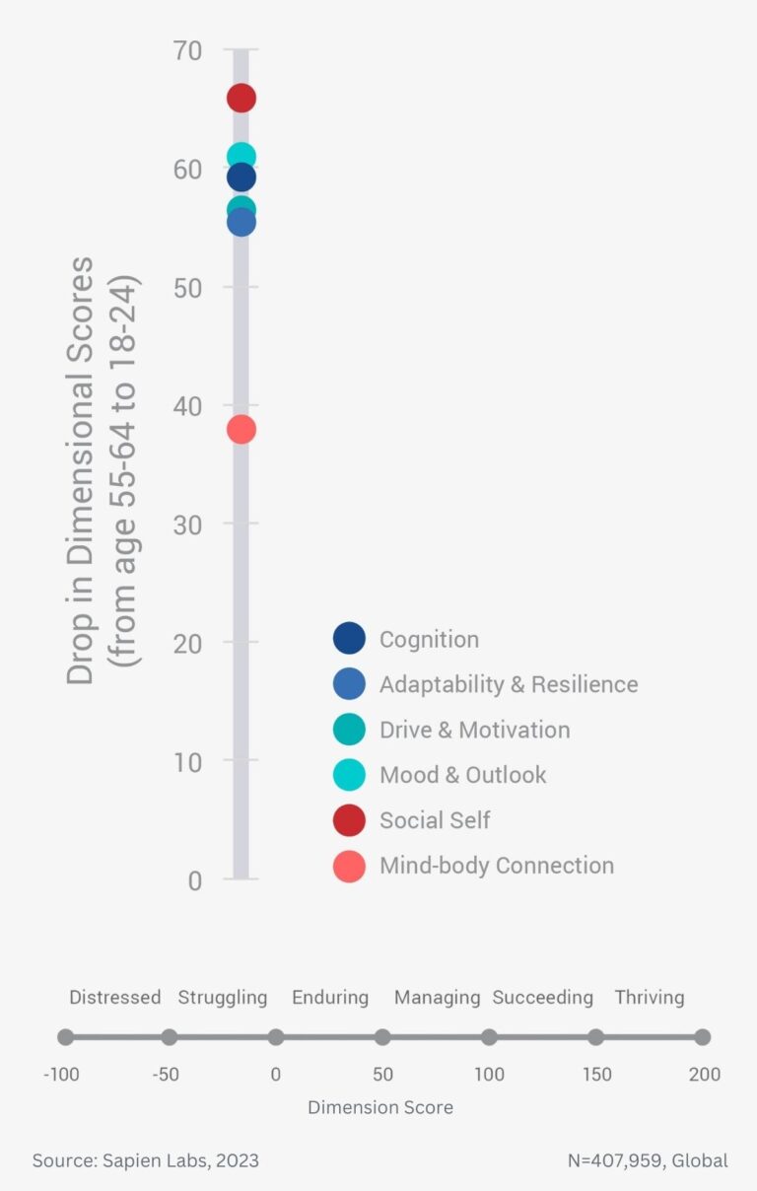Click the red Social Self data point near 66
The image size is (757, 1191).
point(241,98)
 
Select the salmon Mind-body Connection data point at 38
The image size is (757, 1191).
point(241,429)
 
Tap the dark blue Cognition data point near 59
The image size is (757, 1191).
point(241,177)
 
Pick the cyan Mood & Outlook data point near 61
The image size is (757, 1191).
point(241,156)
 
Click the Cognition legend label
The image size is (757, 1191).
point(429,639)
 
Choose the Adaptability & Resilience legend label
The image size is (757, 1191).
point(508,684)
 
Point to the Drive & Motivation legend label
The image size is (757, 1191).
point(474,730)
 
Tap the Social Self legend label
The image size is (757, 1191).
point(435,819)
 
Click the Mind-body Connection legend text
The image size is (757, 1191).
point(496,866)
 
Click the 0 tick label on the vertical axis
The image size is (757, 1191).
point(194,879)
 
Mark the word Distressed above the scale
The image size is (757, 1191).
point(114,997)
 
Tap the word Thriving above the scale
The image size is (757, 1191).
point(649,997)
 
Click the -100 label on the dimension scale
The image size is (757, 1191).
point(61,1074)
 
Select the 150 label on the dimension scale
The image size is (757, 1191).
point(597,1074)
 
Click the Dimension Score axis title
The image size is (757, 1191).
point(380,1107)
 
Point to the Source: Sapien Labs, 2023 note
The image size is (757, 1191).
point(145,1160)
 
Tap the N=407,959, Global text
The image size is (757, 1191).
point(648,1160)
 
